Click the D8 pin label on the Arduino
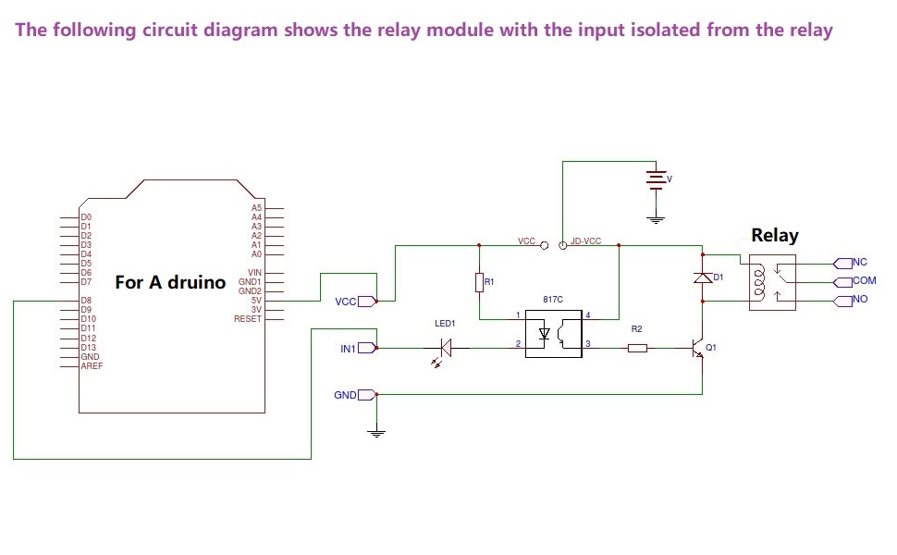click(x=86, y=301)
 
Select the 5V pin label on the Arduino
click(x=256, y=301)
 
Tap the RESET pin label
click(x=247, y=319)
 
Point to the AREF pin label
click(x=92, y=366)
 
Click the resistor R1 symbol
click(x=479, y=283)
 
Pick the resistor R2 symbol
click(x=637, y=348)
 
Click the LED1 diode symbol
click(x=445, y=348)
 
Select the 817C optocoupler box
click(x=554, y=334)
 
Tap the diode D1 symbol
click(x=703, y=278)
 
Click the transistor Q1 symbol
click(x=698, y=348)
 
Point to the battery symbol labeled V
click(x=656, y=179)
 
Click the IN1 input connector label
click(x=348, y=349)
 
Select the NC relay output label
click(x=860, y=262)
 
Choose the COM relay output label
click(x=865, y=280)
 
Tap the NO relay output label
click(x=860, y=299)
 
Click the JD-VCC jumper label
click(x=585, y=240)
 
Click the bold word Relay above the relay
click(x=775, y=235)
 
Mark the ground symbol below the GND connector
click(x=376, y=433)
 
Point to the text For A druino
click(x=170, y=282)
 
